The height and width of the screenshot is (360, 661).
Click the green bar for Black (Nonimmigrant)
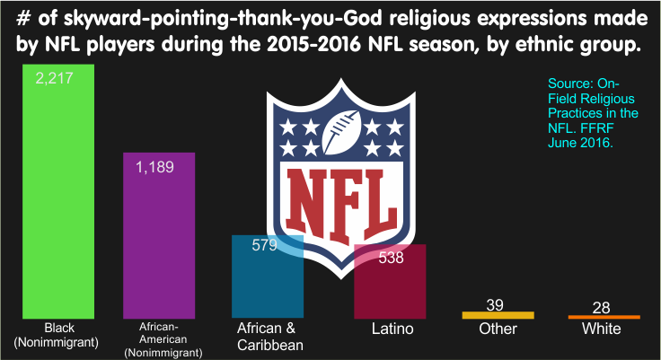click(x=58, y=191)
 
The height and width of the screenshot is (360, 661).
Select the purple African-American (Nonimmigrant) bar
click(x=159, y=235)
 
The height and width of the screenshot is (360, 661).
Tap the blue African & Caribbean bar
click(x=268, y=277)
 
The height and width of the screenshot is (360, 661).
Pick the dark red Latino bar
click(x=390, y=281)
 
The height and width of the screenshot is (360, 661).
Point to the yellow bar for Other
click(x=498, y=315)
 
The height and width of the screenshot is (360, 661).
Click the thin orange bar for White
click(x=604, y=317)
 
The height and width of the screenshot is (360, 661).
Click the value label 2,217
click(x=55, y=78)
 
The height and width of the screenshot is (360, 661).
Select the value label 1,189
click(x=154, y=167)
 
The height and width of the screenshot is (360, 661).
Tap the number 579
click(x=264, y=245)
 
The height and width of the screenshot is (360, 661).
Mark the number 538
click(x=392, y=258)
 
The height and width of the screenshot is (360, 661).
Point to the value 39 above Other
click(x=495, y=304)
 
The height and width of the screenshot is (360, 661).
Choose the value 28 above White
click(x=601, y=308)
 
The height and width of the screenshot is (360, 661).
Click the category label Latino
click(x=392, y=329)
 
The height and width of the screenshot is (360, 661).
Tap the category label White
click(x=602, y=329)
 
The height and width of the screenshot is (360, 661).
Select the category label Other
click(x=498, y=329)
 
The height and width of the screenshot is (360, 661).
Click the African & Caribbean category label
click(x=270, y=337)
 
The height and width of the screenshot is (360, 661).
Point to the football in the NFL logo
click(x=342, y=132)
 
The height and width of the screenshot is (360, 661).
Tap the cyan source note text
click(x=593, y=113)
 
